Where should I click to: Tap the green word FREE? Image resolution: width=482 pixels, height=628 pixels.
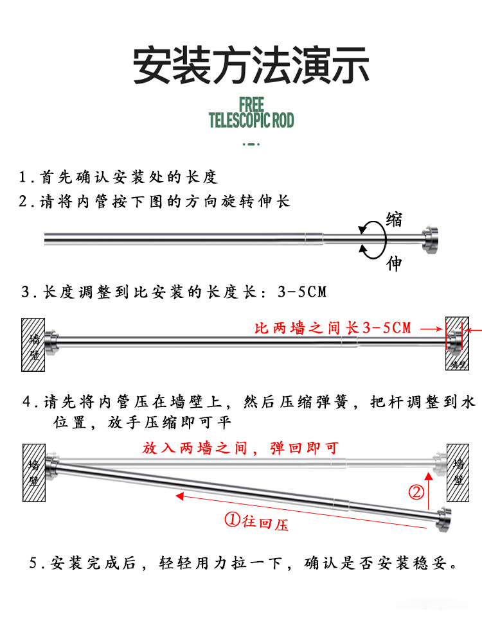pyautogui.click(x=251, y=104)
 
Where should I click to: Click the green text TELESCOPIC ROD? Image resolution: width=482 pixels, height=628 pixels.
pyautogui.click(x=251, y=120)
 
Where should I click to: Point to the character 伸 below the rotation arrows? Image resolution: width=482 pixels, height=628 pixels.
pyautogui.click(x=394, y=263)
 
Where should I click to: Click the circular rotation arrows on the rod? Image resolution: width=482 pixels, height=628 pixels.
pyautogui.click(x=372, y=238)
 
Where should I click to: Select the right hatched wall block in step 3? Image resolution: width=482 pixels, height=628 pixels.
pyautogui.click(x=458, y=344)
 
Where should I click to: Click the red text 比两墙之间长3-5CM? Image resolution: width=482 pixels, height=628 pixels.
pyautogui.click(x=332, y=329)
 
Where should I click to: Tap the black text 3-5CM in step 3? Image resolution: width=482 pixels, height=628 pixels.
pyautogui.click(x=302, y=293)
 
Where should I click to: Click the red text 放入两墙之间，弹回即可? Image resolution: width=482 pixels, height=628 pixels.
pyautogui.click(x=240, y=448)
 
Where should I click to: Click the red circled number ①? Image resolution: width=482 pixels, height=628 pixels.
pyautogui.click(x=232, y=521)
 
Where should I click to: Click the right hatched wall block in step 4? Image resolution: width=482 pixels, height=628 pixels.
pyautogui.click(x=458, y=473)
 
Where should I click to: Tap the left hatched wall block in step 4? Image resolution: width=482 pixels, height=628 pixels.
pyautogui.click(x=34, y=473)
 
